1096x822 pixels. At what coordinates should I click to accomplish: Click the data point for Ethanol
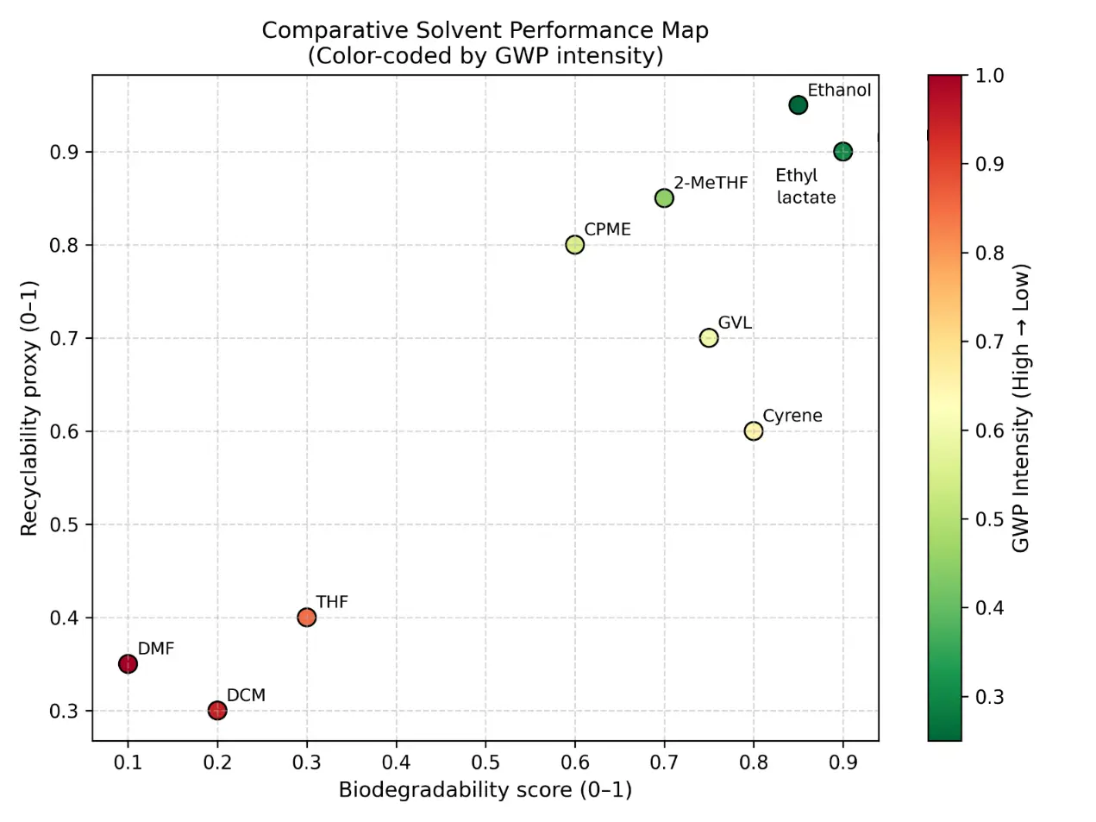pyautogui.click(x=798, y=105)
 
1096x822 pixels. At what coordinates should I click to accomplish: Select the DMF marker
pyautogui.click(x=128, y=664)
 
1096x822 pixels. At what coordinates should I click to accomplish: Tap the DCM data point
pyautogui.click(x=217, y=711)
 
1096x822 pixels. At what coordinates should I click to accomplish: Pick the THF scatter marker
pyautogui.click(x=306, y=618)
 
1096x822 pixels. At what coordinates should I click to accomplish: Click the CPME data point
pyautogui.click(x=575, y=245)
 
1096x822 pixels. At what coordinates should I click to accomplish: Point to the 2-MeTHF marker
pyautogui.click(x=664, y=198)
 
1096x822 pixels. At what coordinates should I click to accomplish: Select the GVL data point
pyautogui.click(x=709, y=338)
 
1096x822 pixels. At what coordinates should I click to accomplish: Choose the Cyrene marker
pyautogui.click(x=754, y=431)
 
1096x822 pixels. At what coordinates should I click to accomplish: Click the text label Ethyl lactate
pyautogui.click(x=805, y=186)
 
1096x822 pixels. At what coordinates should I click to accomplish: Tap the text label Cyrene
pyautogui.click(x=792, y=416)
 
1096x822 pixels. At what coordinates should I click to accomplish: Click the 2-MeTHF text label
pyautogui.click(x=711, y=183)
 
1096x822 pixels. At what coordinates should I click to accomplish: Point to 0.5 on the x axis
pyautogui.click(x=485, y=762)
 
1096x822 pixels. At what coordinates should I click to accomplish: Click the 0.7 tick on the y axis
pyautogui.click(x=64, y=338)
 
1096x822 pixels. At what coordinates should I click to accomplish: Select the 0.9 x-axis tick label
pyautogui.click(x=843, y=762)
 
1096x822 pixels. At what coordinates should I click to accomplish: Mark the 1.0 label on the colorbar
pyautogui.click(x=989, y=76)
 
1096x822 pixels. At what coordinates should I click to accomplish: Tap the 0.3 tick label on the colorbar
pyautogui.click(x=989, y=697)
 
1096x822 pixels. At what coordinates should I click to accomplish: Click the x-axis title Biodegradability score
pyautogui.click(x=485, y=790)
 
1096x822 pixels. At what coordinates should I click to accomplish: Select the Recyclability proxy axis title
pyautogui.click(x=29, y=408)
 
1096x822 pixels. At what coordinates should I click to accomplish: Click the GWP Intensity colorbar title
pyautogui.click(x=1021, y=408)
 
